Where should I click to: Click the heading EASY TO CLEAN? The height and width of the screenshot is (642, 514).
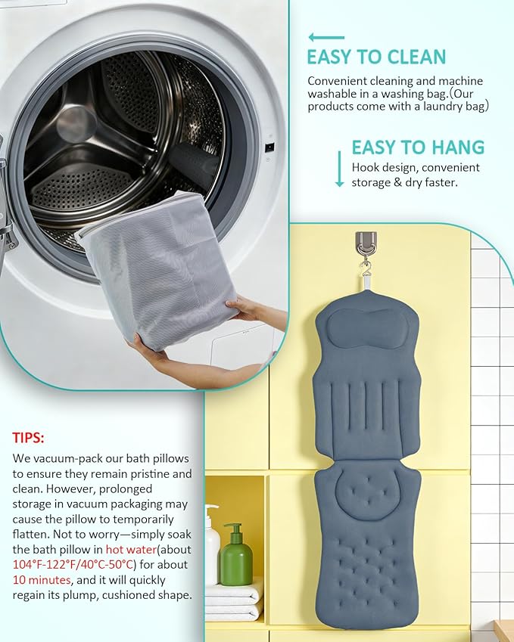[x=376, y=57]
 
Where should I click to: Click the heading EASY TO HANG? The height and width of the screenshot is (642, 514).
[x=418, y=147]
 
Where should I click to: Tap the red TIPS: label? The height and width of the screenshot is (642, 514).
[x=28, y=438]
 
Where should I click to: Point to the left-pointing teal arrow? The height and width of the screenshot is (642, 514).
[x=326, y=37]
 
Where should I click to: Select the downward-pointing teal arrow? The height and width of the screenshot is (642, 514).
[x=339, y=169]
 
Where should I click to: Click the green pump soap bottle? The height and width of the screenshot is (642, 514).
[x=235, y=554]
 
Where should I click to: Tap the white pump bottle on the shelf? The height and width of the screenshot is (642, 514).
[x=212, y=544]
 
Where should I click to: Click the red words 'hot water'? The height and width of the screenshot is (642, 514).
[x=131, y=550]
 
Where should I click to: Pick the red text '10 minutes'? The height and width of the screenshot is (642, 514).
[x=42, y=580]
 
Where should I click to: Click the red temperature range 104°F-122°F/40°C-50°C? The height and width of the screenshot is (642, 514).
[x=73, y=565]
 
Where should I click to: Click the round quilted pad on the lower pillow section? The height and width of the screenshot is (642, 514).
[x=367, y=492]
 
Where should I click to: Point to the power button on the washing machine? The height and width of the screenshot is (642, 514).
[x=269, y=147]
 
